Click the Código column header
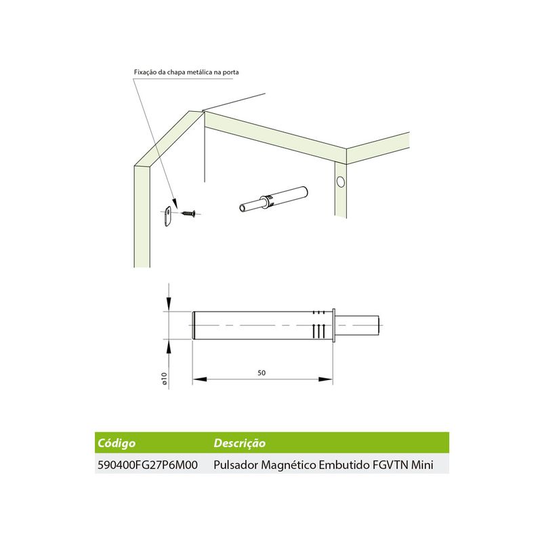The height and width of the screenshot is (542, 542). coord(117,443)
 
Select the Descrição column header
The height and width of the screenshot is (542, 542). coord(240,443)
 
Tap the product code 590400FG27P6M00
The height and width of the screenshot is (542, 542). coord(148,465)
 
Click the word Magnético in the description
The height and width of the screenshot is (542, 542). coord(289,465)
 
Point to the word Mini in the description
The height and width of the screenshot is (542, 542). coord(422,465)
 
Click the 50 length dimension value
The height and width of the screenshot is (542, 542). coord(262,373)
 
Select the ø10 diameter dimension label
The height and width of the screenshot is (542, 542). coord(164,379)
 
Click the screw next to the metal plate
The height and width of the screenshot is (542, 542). coord(188,213)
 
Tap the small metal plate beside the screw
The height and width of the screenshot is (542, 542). coord(167,215)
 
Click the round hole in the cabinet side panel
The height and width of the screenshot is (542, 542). coord(341,182)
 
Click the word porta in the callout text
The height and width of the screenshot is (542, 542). coord(231,72)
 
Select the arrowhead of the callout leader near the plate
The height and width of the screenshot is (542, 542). coord(175,204)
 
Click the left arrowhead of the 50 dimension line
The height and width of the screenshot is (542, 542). coord(199,379)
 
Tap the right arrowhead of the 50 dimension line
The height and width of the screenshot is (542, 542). coord(326,379)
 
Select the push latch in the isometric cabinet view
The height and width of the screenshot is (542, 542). coord(274,199)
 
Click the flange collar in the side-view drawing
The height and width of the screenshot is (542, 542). coord(333,326)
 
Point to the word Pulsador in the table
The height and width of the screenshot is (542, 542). coord(236,465)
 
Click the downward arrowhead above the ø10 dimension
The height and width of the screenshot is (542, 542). coord(169,303)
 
